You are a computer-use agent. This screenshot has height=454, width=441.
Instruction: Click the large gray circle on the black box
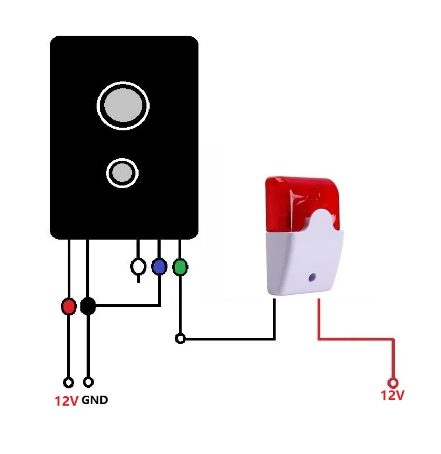(123, 105)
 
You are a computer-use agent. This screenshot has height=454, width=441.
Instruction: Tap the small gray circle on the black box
(122, 172)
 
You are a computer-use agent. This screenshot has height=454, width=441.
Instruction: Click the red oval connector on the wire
(68, 306)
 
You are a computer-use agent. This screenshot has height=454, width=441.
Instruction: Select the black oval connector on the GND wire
(88, 306)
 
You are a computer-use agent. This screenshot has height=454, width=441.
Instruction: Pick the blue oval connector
(159, 267)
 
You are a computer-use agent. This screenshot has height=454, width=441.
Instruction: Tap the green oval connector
(180, 267)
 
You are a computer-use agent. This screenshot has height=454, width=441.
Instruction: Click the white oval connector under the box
(138, 267)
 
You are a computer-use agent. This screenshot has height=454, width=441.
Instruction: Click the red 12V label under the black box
(66, 401)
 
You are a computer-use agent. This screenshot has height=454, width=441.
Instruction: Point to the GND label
(95, 400)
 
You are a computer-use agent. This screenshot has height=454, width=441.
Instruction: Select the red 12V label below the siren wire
(393, 395)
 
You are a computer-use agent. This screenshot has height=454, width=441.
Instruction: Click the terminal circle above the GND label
(89, 382)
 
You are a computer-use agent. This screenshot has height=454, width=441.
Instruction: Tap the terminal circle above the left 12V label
(68, 382)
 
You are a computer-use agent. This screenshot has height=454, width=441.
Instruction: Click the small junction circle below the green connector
(180, 339)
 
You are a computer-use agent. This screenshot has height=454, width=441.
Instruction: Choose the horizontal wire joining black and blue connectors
(126, 305)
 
